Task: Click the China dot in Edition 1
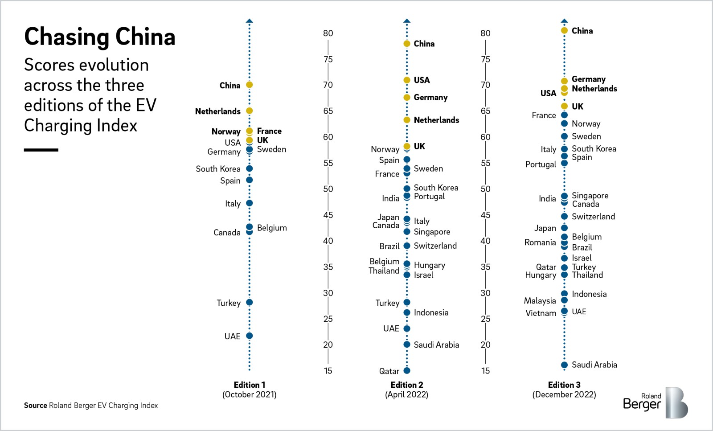[x=250, y=85]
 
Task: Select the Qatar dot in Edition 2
[x=407, y=370]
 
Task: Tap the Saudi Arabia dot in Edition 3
[x=564, y=365]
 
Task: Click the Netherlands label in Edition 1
[x=217, y=111]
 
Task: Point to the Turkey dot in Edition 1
[x=250, y=302]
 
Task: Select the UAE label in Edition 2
[x=391, y=328]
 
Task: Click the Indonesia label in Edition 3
[x=589, y=294]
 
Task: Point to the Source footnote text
[x=91, y=405]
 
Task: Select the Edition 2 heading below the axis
[x=406, y=385]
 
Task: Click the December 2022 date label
[x=564, y=394]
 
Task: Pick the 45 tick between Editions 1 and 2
[x=328, y=215]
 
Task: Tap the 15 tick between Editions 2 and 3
[x=485, y=370]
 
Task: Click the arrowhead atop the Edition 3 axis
[x=564, y=21]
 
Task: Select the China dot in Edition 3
[x=564, y=30]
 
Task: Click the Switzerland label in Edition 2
[x=435, y=246]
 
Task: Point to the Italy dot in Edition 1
[x=250, y=203]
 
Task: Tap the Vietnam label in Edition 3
[x=541, y=313]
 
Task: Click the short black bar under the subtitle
[x=41, y=150]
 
